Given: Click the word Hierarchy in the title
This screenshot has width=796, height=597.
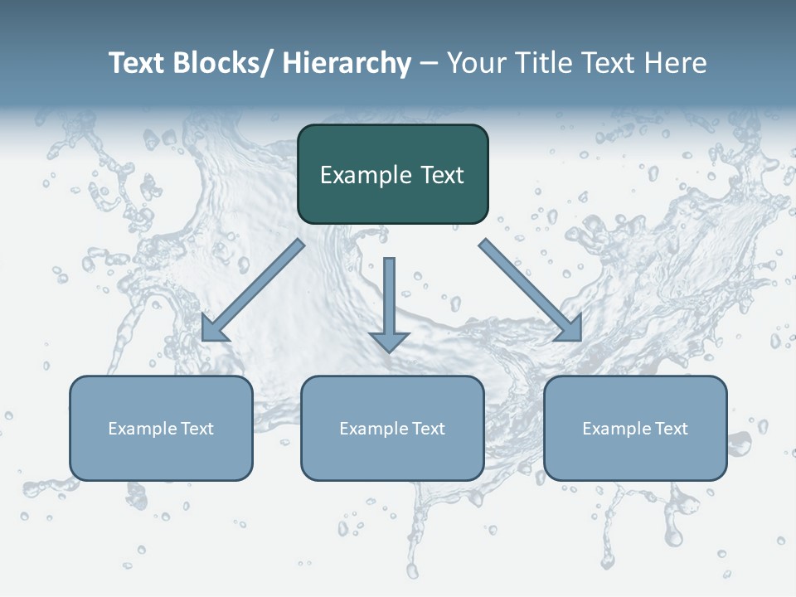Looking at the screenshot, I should (347, 63).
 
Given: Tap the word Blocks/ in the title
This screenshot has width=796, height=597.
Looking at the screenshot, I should (225, 63).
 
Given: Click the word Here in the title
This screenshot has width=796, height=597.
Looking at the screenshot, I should (674, 63).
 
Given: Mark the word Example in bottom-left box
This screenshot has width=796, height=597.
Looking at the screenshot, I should (143, 429).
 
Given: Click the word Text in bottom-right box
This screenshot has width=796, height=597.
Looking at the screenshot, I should (670, 429).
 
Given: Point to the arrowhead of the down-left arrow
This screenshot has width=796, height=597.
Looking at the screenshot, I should (213, 329).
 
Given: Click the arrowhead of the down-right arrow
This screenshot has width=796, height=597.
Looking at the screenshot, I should (570, 328).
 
